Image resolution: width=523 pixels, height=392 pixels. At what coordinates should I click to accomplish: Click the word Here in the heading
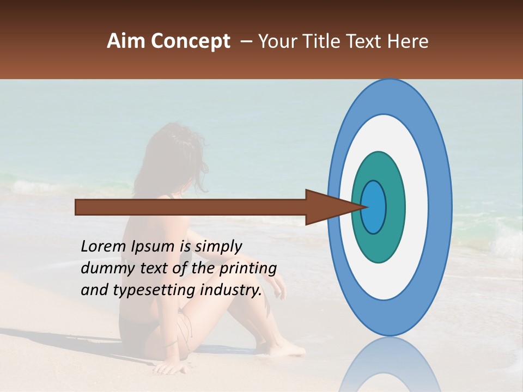pos(409,41)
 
